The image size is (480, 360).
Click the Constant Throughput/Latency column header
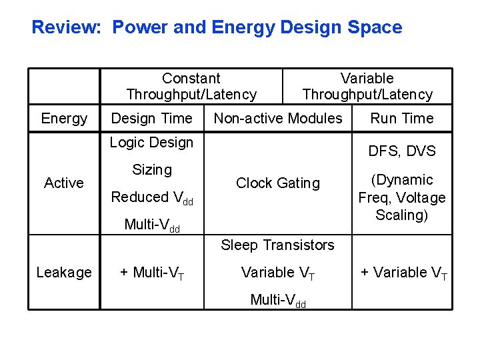191,87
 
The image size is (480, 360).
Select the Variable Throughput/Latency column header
367,87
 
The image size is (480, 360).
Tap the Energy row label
64,119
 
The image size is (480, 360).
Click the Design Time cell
151,119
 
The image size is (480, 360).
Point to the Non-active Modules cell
277,119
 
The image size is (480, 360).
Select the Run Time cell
402,119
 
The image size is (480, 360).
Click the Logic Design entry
151,143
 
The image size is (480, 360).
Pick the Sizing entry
152,170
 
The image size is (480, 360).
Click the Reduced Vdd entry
152,197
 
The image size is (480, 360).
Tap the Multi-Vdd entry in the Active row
152,225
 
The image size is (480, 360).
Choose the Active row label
64,183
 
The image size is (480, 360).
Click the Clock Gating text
278,183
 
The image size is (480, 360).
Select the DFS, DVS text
402,151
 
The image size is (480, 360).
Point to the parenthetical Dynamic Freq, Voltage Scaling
402,197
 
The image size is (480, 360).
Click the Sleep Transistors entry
277,245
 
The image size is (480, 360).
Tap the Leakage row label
64,273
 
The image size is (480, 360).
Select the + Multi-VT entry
152,273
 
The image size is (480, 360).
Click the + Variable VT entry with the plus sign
404,273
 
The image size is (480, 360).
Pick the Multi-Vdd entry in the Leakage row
278,300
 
